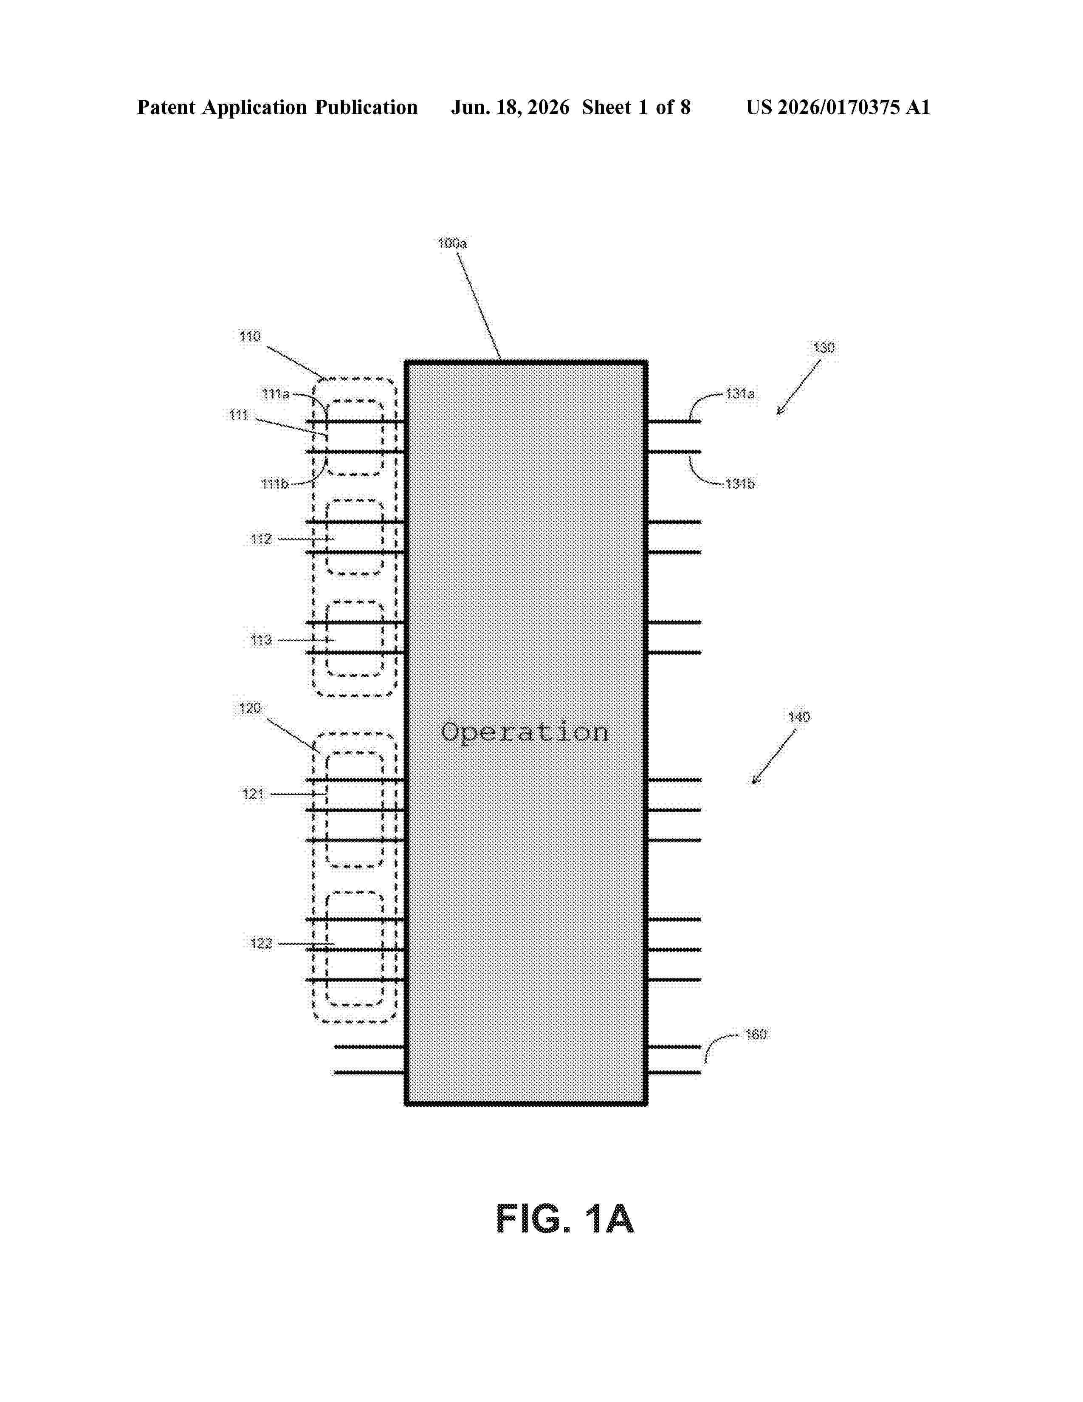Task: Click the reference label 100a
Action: (452, 243)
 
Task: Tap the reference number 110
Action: (250, 336)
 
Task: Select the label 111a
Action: (276, 393)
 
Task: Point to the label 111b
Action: (275, 483)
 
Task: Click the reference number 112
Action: (261, 539)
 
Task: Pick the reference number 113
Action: (261, 640)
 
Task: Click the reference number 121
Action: (254, 794)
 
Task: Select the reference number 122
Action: (261, 943)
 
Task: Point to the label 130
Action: (824, 348)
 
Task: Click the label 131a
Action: (740, 393)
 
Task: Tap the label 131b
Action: (740, 483)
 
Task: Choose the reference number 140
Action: (799, 717)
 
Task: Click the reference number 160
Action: (756, 1034)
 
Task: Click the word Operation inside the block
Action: (525, 732)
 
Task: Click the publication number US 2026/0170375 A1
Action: (838, 107)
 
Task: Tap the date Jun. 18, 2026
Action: (510, 107)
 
